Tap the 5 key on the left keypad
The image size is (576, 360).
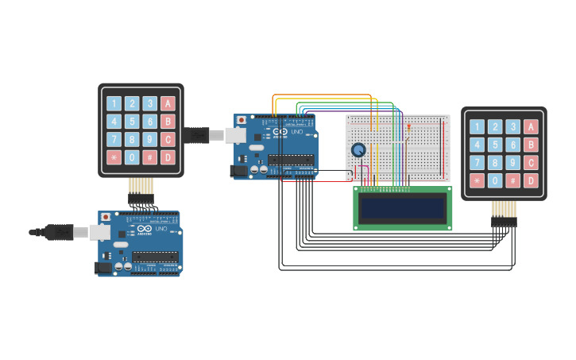132,122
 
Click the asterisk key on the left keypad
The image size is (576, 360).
114,157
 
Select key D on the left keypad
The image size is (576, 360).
168,157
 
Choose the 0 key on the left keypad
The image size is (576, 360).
132,157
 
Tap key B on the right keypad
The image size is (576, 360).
531,145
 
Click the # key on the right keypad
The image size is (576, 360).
513,180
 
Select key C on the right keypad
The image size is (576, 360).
531,163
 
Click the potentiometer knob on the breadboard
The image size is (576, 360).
358,150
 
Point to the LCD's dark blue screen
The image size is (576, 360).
402,208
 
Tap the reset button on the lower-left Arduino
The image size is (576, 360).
106,216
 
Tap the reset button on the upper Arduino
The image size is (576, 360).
242,120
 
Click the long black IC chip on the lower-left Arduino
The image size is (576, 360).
155,256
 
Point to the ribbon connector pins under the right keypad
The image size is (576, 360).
504,212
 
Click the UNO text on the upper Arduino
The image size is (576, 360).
297,132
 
